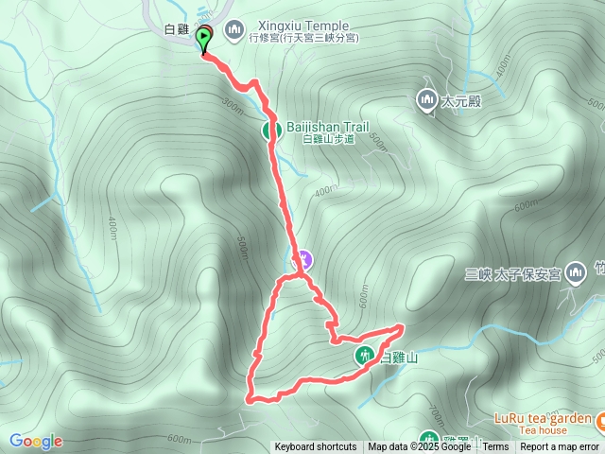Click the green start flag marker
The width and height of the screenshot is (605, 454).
pos(204,39)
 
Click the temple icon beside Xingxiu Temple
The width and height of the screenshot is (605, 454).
pos(234,27)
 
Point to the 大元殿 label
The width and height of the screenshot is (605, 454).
pos(461,100)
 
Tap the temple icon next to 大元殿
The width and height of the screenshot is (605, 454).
pos(425,98)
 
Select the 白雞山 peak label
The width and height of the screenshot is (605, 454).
pos(398,358)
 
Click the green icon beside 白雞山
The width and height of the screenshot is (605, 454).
pos(365,356)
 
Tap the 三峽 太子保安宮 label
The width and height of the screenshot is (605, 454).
pos(513,274)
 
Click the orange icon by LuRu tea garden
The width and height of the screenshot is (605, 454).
pos(599,418)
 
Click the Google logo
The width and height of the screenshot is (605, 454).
pos(36,442)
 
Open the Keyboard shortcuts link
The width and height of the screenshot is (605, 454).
pos(316,446)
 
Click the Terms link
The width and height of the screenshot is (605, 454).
pos(495,446)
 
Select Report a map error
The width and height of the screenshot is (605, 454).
pos(560,446)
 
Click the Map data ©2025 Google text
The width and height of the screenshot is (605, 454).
pos(420,446)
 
